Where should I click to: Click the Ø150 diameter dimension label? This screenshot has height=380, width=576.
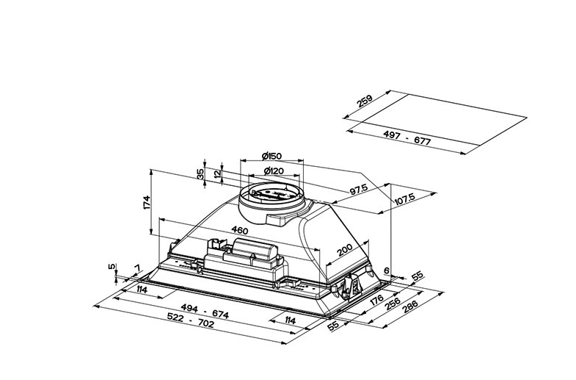pos(271,156)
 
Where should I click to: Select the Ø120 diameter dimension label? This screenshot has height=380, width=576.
pos(274,171)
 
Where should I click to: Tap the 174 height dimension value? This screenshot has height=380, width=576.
pos(147,203)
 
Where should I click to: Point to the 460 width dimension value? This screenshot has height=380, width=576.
pos(240,230)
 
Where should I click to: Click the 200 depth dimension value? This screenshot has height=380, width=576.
pos(345,250)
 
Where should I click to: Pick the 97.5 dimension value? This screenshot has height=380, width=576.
pos(358,190)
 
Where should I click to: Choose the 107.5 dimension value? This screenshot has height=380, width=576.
pos(405,199)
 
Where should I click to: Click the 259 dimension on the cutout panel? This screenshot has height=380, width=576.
pos(365,101)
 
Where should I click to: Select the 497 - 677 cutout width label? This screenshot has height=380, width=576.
pos(407,137)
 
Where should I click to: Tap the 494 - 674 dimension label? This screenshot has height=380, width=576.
pos(205,312)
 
